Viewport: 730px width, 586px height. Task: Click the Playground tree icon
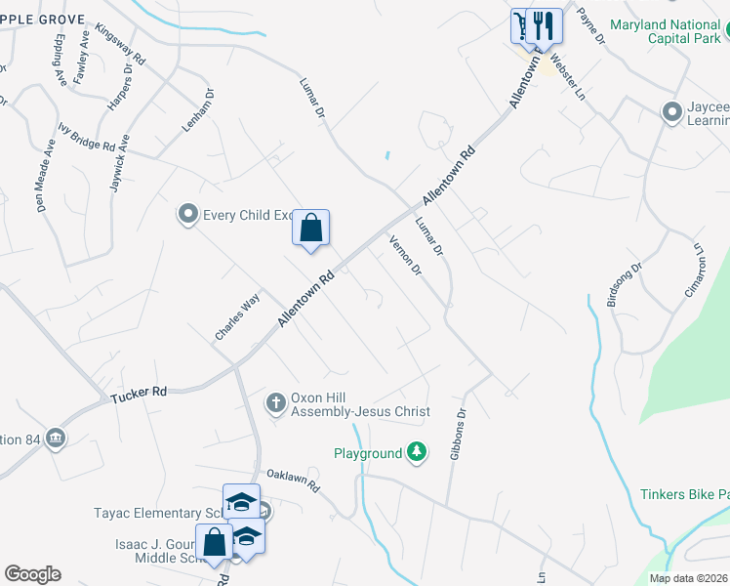pos(417,452)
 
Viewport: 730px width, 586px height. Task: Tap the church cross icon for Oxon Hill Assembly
pos(276,401)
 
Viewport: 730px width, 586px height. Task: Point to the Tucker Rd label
pos(139,394)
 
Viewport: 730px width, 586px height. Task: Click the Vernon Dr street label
pos(404,255)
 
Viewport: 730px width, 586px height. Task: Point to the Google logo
pos(32,574)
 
